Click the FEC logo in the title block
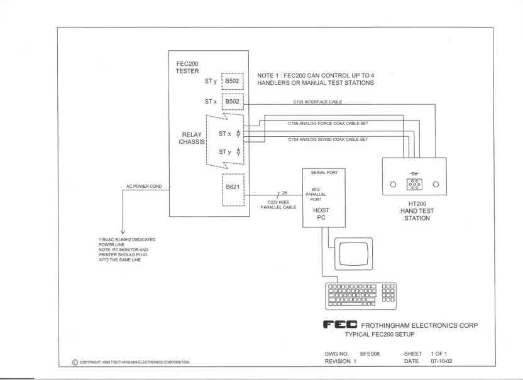pos(340,325)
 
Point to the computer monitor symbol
pos(355,252)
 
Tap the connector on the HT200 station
pos(414,184)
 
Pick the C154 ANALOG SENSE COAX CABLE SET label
pos(328,139)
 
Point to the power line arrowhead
pos(122,232)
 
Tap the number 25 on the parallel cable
pos(284,192)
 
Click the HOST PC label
pos(321,214)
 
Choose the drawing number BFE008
pos(370,354)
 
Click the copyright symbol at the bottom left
pos(76,362)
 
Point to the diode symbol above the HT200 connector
pos(414,173)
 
